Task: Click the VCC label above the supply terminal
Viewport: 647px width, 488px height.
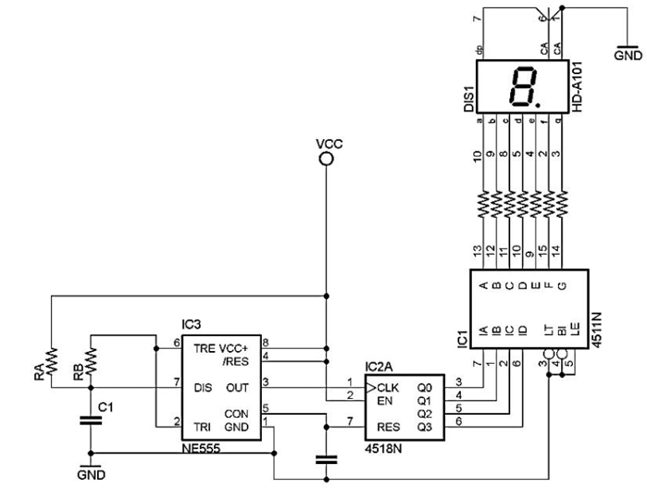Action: pyautogui.click(x=329, y=144)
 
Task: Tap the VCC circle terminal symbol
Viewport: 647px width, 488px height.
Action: pyautogui.click(x=326, y=159)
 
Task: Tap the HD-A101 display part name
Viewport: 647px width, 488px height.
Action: pyautogui.click(x=577, y=88)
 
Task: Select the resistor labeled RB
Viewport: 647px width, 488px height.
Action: pyautogui.click(x=91, y=356)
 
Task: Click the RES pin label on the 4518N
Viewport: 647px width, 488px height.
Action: pyautogui.click(x=387, y=427)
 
